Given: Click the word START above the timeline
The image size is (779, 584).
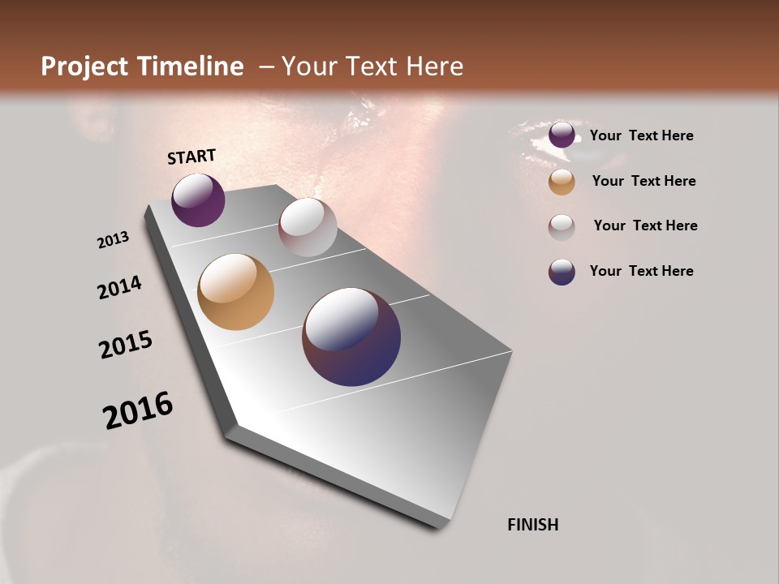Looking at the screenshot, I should coord(192,157).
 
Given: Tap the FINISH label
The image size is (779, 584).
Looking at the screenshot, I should coord(532,525).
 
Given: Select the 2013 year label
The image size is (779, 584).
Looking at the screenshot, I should coord(113,240).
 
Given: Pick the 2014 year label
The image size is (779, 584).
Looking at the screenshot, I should coord(119,288).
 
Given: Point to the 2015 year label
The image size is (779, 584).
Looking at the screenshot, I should coord(126,345).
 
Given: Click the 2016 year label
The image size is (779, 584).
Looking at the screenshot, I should coord(138,410).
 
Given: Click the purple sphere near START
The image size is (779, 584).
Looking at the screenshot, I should coord(198,200).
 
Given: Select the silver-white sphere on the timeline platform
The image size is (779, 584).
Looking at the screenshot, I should coord(308,227).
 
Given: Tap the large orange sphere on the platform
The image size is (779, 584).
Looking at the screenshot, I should coord(235,292).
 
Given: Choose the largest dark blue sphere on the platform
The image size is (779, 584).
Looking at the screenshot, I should coord(351,337).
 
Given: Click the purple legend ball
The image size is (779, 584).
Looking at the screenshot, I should coord(562,135).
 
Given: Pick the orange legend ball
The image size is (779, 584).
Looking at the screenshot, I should coord(562,182).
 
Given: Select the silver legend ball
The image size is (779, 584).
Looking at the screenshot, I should coord(562,227).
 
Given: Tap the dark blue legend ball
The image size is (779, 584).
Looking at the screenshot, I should coord(562,272).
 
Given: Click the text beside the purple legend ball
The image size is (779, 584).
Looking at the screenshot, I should coord(641,135).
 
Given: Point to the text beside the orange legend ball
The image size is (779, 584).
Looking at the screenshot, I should coord(643,181).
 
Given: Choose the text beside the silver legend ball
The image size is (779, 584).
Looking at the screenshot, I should coord(645,225).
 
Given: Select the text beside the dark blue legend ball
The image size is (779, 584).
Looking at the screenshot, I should coord(641,271).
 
